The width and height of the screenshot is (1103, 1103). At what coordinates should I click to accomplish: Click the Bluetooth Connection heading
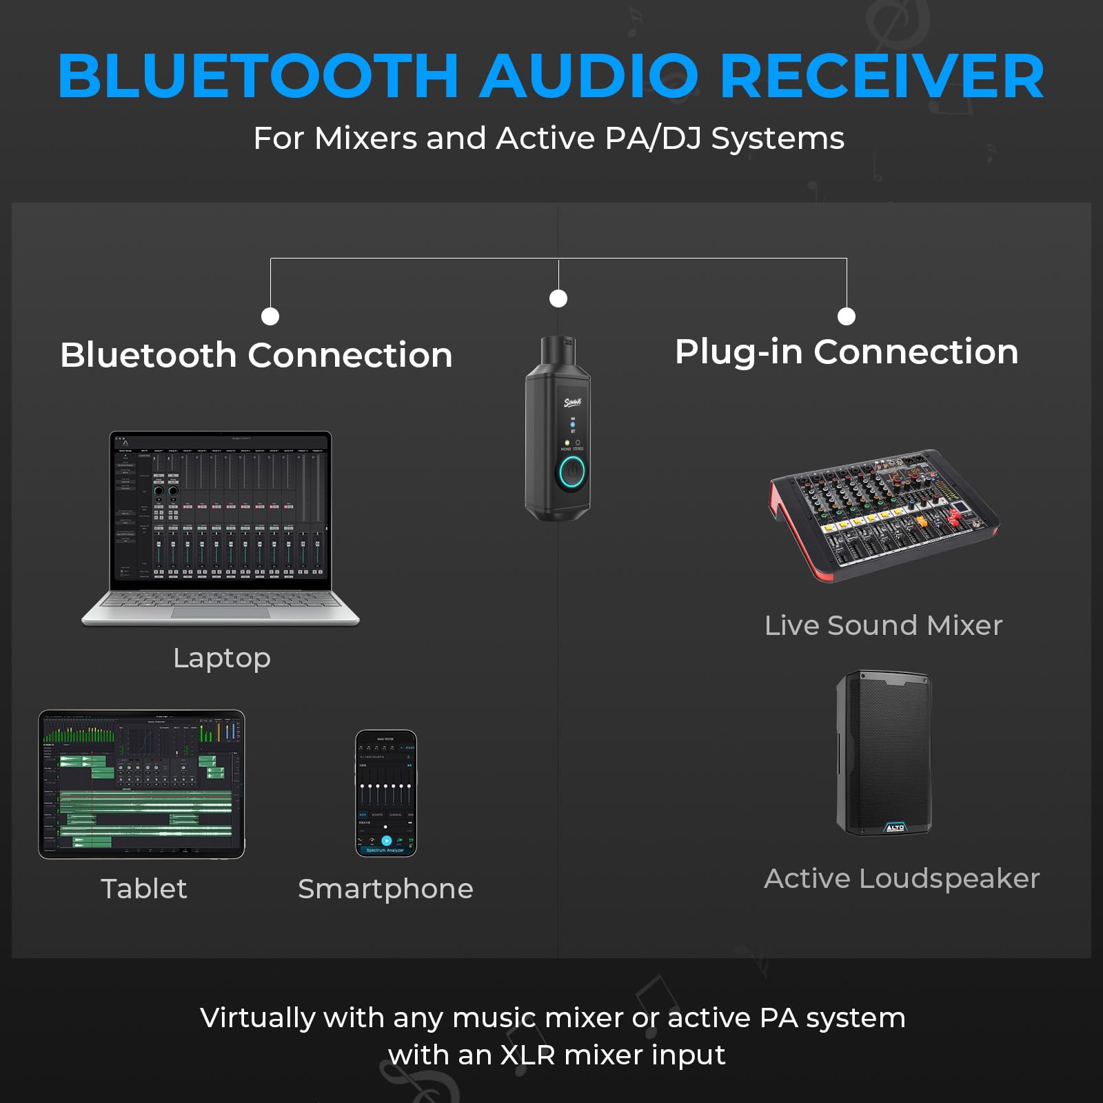(x=256, y=356)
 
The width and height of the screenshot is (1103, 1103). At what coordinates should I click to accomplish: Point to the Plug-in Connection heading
(x=847, y=352)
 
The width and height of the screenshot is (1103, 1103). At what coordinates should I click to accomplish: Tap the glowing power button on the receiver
(x=572, y=472)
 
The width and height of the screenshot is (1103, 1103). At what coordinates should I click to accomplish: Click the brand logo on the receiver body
(x=573, y=402)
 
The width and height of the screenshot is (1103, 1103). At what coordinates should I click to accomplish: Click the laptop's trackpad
(x=221, y=613)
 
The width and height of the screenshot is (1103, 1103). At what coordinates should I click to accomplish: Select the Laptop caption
(x=222, y=658)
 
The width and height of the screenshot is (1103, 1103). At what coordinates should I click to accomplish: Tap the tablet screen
(x=142, y=784)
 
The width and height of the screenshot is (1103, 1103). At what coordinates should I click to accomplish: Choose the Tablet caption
(x=143, y=889)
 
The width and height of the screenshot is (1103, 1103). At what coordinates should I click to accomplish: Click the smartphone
(x=386, y=793)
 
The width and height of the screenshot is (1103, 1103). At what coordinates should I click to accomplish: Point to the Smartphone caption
(x=385, y=889)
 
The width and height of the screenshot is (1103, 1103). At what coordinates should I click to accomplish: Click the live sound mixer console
(x=884, y=514)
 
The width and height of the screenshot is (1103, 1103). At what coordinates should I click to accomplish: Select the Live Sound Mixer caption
(x=883, y=625)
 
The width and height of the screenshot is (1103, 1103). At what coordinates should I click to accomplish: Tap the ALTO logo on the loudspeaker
(x=895, y=827)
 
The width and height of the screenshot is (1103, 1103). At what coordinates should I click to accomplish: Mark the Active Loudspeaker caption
(x=902, y=879)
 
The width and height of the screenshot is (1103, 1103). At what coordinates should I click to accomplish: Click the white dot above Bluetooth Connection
(x=270, y=316)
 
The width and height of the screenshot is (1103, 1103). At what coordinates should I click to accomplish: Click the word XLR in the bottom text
(x=527, y=1055)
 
